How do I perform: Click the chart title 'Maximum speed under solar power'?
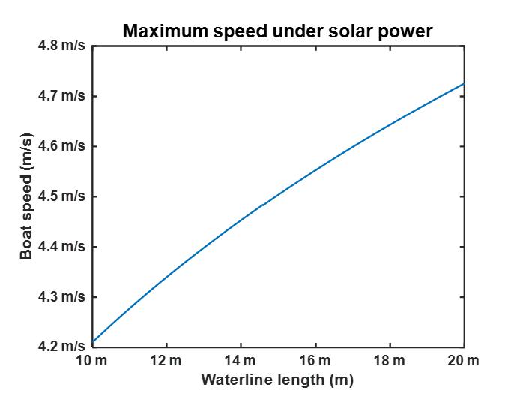[278, 31]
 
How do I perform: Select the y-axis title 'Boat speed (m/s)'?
[27, 196]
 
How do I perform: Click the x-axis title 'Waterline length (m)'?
[276, 379]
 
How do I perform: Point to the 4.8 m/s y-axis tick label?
[64, 46]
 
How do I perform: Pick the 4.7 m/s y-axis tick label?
[64, 96]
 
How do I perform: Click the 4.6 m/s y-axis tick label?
[64, 146]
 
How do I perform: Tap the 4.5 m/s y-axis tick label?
[64, 196]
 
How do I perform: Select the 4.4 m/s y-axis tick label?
[64, 247]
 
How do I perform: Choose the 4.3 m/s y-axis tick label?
[64, 297]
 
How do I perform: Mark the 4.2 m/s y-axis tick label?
[64, 346]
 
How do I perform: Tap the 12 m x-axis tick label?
[166, 361]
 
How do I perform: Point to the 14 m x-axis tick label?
[241, 361]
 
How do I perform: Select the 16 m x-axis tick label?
[315, 361]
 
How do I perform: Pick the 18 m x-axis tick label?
[390, 361]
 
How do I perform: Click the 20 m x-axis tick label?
[465, 361]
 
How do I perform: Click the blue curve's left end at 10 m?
[93, 342]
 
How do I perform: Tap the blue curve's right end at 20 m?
[464, 83]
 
